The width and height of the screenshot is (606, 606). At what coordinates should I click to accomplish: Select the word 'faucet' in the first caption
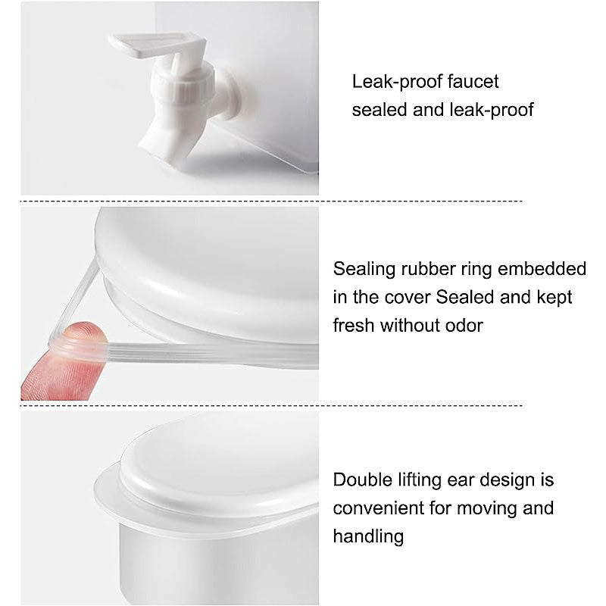pos(473,82)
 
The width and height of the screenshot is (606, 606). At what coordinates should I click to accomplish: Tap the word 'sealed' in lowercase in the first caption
pos(380,110)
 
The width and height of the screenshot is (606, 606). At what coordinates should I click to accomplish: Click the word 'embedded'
pos(542,269)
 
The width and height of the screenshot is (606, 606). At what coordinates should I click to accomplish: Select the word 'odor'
pos(464,326)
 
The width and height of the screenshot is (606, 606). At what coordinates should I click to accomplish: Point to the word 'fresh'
pos(354,326)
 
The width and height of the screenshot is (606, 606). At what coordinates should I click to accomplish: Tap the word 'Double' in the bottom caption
pos(362,480)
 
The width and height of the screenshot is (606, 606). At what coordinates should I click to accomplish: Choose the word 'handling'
pos(368,536)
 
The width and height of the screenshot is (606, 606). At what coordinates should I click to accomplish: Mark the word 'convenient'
pos(378,508)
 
